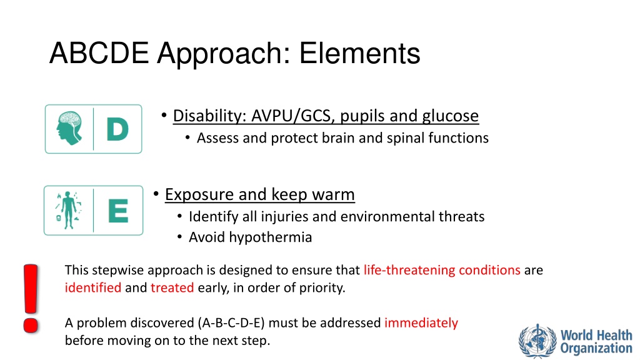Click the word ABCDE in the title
pos(99,53)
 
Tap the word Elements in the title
pos(359,53)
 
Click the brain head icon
pos(69,129)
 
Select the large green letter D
pos(117,129)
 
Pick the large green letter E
pos(118,211)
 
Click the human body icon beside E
pos(69,210)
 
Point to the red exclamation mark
pos(31,298)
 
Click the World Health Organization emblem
pos(537,341)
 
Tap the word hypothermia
pos(270,237)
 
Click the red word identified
pos(93,287)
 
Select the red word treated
pos(172,287)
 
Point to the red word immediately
pos(421,323)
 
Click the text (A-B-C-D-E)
pos(231,323)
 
